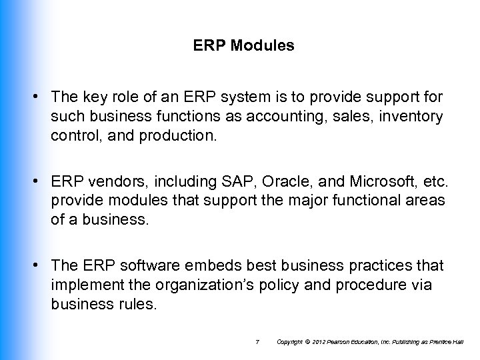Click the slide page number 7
click(257, 342)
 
